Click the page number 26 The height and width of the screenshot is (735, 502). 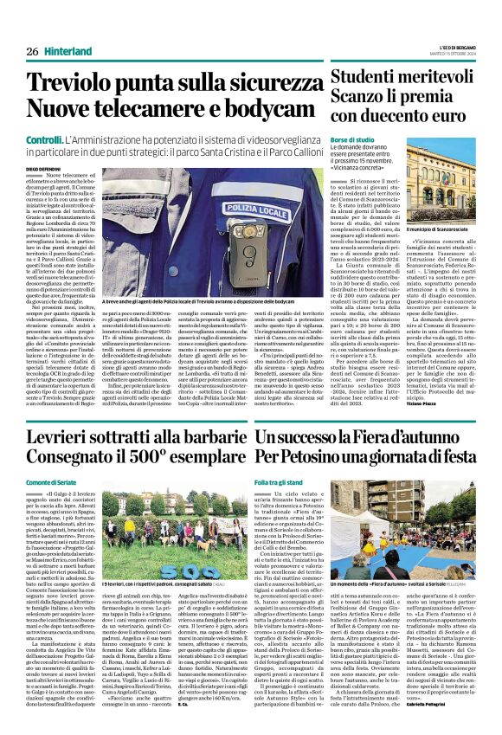point(32,51)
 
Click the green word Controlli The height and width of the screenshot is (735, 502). point(43,139)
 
